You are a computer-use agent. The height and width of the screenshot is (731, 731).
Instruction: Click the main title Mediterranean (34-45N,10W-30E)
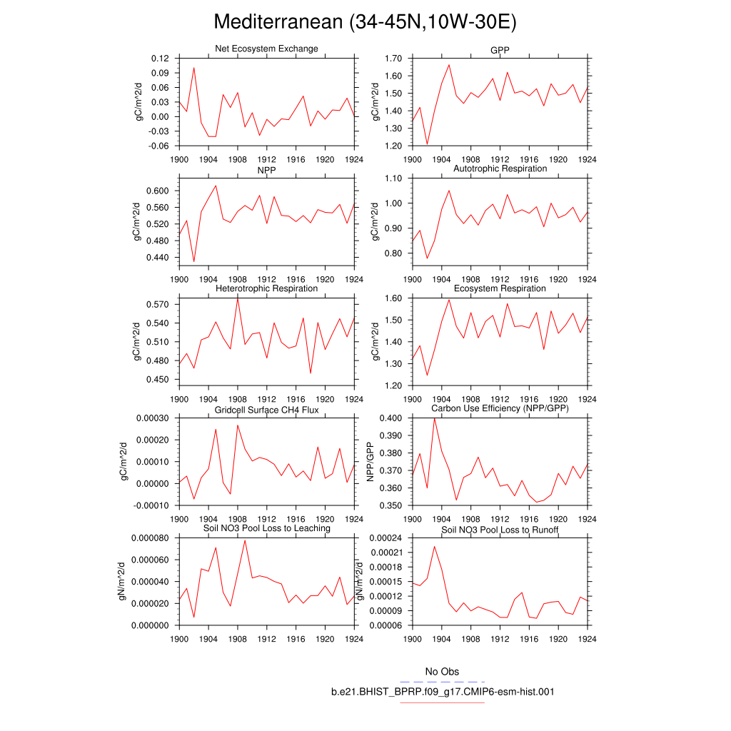point(365,22)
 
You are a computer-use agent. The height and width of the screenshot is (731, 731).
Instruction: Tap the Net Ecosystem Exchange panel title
point(266,49)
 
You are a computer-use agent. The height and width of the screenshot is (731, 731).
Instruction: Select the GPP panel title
point(500,49)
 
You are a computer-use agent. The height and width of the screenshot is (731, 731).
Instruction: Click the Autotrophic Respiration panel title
point(500,168)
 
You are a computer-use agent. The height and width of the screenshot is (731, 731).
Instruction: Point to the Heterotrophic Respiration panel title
point(266,288)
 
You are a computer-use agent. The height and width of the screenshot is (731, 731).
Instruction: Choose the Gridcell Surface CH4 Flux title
point(266,410)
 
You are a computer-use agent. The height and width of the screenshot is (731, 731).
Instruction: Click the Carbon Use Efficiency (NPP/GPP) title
point(500,408)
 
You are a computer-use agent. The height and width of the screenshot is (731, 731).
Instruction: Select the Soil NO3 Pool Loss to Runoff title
point(500,530)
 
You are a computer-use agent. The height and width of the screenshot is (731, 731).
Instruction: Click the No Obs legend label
point(442,672)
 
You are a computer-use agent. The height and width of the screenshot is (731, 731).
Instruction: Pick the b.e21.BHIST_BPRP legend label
point(443,692)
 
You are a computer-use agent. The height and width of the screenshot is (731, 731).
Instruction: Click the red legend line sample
point(443,702)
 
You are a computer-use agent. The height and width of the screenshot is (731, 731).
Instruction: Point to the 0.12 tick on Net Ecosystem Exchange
point(159,58)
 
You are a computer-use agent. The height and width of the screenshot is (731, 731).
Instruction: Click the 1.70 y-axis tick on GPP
point(393,58)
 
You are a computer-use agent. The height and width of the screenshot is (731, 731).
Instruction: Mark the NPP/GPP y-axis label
point(370,462)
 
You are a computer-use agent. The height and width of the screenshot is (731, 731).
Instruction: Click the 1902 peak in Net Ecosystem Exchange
point(193,68)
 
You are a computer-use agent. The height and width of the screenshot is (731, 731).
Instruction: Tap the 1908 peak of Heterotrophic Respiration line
point(238,298)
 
